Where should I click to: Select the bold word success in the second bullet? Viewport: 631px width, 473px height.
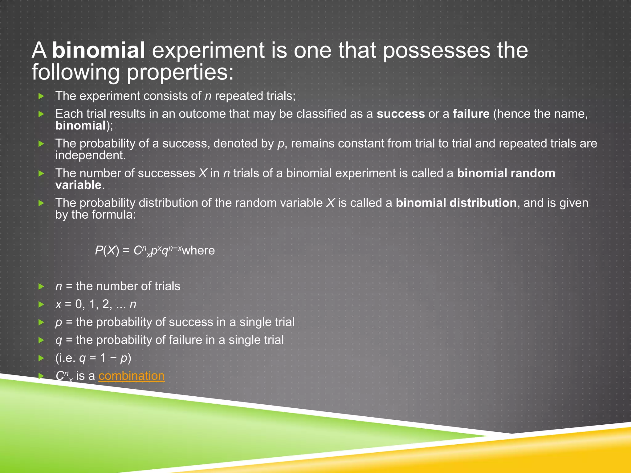(401, 114)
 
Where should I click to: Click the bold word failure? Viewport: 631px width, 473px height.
(471, 114)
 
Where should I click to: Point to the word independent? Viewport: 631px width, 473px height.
(90, 156)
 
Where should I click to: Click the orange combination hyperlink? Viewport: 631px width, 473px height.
(131, 376)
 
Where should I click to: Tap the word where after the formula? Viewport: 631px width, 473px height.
(198, 250)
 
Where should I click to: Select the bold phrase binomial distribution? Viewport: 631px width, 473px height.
(456, 203)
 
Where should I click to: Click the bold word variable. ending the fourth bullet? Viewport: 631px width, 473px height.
(80, 185)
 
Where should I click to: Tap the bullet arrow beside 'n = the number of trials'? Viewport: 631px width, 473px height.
(41, 287)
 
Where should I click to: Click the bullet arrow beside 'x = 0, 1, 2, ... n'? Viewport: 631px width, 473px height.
(41, 305)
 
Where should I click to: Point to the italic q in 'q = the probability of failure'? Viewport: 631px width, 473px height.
(59, 340)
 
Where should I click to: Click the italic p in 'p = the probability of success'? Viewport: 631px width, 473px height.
(59, 322)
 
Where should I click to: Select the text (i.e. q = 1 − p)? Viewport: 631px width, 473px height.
(93, 358)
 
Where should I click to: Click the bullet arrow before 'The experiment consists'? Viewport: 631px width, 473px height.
(41, 96)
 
